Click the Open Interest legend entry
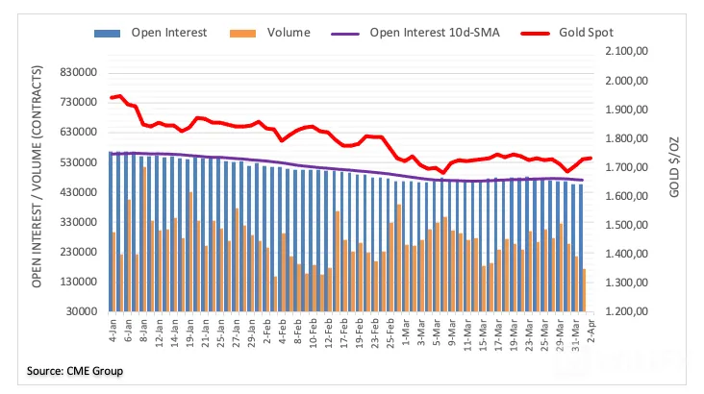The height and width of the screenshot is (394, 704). click(150, 33)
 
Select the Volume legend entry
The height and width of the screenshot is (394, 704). click(270, 33)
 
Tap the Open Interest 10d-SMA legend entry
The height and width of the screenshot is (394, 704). click(415, 33)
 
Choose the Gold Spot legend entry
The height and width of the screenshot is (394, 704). click(567, 33)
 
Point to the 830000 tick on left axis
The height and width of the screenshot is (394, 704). click(79, 72)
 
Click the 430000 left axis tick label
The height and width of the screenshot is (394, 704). click(79, 192)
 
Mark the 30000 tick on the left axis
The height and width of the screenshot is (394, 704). click(82, 311)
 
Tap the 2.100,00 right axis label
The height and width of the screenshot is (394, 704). click(627, 51)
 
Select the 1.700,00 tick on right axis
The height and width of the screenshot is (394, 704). click(627, 167)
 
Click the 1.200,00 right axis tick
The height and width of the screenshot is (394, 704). click(627, 311)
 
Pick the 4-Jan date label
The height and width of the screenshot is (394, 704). click(113, 331)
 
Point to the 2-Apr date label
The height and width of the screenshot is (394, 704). click(591, 331)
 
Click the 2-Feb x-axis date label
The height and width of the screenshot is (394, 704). click(267, 331)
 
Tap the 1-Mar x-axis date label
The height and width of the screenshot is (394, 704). click(406, 331)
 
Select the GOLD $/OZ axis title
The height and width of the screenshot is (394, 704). click(674, 167)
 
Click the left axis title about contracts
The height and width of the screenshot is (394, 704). click(37, 177)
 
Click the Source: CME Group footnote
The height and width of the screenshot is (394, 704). click(74, 371)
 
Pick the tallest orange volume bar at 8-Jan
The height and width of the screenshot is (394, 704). click(144, 239)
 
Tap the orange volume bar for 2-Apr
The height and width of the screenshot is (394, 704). click(584, 290)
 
